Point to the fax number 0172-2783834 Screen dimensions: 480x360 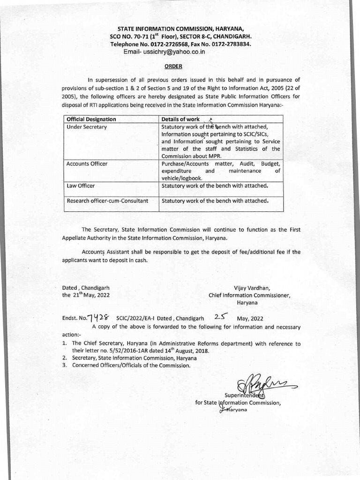tap(229, 44)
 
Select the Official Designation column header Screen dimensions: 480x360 tap(91, 119)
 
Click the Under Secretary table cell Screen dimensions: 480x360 tap(87, 127)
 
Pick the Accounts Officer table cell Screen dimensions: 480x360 tap(87, 164)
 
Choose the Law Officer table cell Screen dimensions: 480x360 tap(81, 186)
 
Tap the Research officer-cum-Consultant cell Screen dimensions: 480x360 tap(107, 201)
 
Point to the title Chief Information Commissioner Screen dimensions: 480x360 tap(249, 295)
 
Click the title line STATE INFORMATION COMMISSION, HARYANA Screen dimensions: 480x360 tap(180, 29)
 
